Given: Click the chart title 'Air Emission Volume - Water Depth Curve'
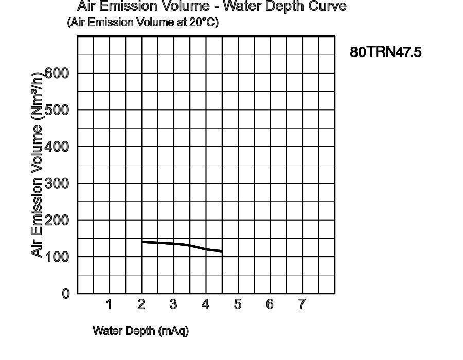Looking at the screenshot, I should (211, 7).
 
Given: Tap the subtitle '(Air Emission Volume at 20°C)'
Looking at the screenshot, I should (143, 23).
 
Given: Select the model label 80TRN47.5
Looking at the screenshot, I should (386, 52).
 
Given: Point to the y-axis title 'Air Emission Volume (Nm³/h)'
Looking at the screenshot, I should (37, 165).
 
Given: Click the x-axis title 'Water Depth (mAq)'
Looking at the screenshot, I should (140, 331).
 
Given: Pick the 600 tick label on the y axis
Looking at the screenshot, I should (57, 73).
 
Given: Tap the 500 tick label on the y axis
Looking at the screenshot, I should (57, 110).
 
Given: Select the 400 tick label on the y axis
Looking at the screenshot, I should (57, 147).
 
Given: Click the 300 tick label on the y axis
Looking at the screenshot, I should (57, 184).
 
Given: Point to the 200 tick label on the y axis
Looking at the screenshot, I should (57, 220).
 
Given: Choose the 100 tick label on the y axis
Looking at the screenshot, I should (57, 257).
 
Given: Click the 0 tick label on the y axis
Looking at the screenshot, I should (65, 294).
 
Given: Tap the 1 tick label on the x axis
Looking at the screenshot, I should (109, 304).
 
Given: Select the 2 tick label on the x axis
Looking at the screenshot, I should (141, 304).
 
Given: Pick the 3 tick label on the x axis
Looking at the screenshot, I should (173, 304).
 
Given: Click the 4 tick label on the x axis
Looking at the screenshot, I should (205, 304).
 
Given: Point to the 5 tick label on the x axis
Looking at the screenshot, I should (238, 304).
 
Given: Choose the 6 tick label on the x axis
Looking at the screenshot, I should (270, 304).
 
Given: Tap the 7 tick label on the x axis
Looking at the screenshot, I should (302, 304).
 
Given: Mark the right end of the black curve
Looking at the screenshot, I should (221, 251).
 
